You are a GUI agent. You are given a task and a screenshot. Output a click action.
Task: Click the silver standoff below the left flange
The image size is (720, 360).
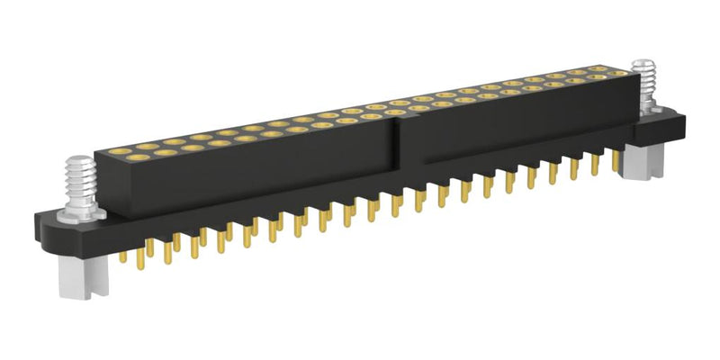[x=78, y=278]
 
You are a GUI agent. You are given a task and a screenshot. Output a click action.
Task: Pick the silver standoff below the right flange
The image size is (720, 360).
[x=644, y=161]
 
